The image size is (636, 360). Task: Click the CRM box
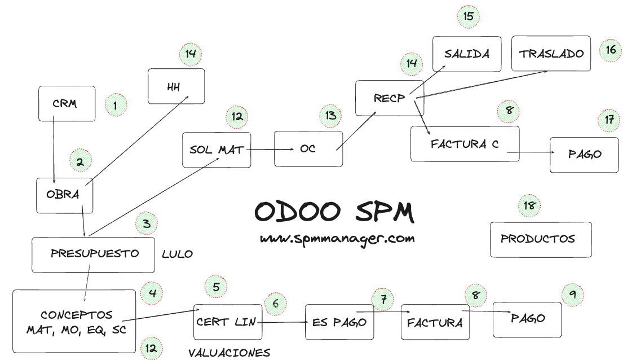[x=67, y=104]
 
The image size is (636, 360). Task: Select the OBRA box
[x=64, y=195]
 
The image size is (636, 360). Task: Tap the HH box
[x=176, y=86]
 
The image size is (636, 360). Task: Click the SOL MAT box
[x=217, y=150]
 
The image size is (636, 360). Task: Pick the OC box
[x=308, y=150]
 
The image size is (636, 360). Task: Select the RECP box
[x=389, y=98]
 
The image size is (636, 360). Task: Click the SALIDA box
[x=467, y=54]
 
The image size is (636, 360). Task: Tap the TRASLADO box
[x=551, y=54]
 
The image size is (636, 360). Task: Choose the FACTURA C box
[x=465, y=144]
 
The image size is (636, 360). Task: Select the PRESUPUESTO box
[x=94, y=254]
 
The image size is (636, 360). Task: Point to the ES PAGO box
[x=339, y=322]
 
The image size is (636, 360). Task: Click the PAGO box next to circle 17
[x=584, y=155]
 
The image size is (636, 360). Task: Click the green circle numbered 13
[x=330, y=116]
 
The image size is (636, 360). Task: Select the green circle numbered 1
[x=116, y=104]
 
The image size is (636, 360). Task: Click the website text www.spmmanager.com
[x=337, y=239]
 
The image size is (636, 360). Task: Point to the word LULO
[x=177, y=254]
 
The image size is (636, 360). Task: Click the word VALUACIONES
[x=229, y=353]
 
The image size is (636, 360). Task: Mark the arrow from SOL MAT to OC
[x=271, y=150]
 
